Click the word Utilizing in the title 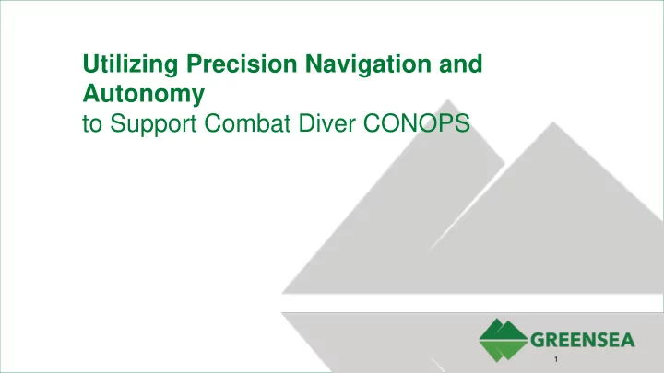pyautogui.click(x=130, y=65)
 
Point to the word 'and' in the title pyautogui.click(x=461, y=64)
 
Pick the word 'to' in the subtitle pyautogui.click(x=92, y=124)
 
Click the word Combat pyautogui.click(x=247, y=123)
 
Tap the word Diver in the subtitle pyautogui.click(x=326, y=123)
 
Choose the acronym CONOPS pyautogui.click(x=417, y=123)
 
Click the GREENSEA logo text pyautogui.click(x=583, y=340)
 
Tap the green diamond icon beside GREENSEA pyautogui.click(x=504, y=340)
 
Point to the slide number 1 pyautogui.click(x=556, y=359)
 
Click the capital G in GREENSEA pyautogui.click(x=538, y=340)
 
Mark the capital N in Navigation pyautogui.click(x=314, y=64)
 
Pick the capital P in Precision pyautogui.click(x=194, y=64)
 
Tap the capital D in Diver pyautogui.click(x=307, y=123)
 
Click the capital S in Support pyautogui.click(x=118, y=123)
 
